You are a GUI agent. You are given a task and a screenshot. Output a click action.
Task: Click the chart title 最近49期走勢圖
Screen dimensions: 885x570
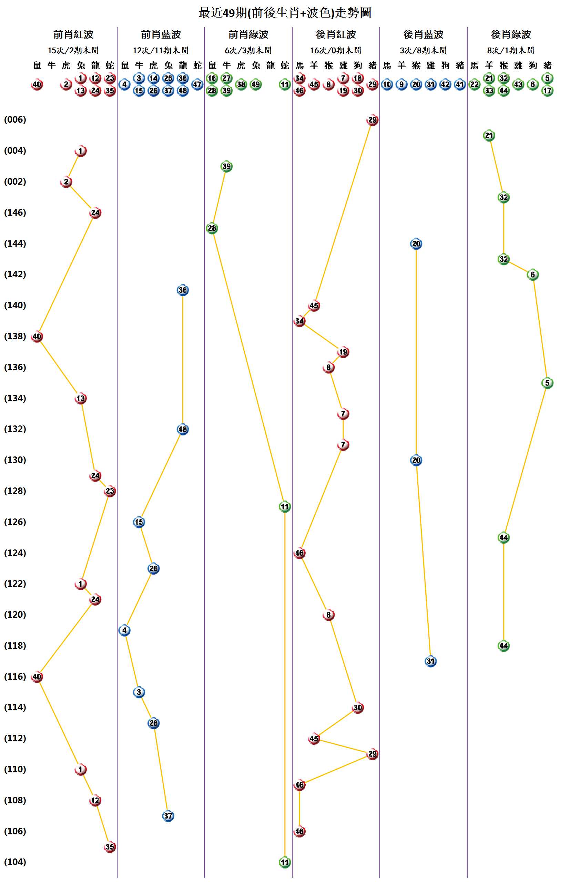point(285,13)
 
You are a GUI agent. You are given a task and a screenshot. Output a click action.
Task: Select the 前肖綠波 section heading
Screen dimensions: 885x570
point(248,34)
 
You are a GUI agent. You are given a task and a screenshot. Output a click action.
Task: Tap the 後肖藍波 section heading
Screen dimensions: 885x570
point(424,34)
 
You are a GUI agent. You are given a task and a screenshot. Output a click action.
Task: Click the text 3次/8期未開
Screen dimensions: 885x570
point(424,50)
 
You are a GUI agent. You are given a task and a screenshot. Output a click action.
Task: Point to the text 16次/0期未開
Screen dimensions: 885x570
point(336,50)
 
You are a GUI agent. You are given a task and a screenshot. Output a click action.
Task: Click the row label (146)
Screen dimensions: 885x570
point(15,213)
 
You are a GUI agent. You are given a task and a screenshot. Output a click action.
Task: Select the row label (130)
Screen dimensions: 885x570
point(15,460)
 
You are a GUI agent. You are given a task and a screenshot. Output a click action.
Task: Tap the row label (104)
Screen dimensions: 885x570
point(15,862)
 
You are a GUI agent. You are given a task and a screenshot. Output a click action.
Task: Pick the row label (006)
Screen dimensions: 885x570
point(15,120)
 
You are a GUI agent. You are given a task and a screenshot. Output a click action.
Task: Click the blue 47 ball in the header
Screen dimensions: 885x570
point(197,84)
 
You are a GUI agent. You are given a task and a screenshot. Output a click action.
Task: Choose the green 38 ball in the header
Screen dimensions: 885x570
point(241,84)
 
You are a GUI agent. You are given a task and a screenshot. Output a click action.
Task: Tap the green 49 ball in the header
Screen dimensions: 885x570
point(256,84)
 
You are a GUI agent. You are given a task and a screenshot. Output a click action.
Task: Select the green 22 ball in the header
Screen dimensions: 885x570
point(475,84)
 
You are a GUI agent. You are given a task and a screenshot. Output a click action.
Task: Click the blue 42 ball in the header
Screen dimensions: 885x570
point(445,84)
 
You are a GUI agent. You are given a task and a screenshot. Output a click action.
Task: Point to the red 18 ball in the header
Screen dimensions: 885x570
point(358,79)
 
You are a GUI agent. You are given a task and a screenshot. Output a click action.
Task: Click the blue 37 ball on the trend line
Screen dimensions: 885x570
point(168,816)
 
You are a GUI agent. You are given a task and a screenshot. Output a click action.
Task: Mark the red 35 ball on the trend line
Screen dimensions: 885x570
point(110,846)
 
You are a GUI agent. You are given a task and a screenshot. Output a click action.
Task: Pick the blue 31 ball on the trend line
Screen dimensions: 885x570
point(430,661)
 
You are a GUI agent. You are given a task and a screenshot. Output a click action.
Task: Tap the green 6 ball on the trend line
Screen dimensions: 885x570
point(533,275)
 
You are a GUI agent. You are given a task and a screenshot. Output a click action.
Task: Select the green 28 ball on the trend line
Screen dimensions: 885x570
point(212,228)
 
